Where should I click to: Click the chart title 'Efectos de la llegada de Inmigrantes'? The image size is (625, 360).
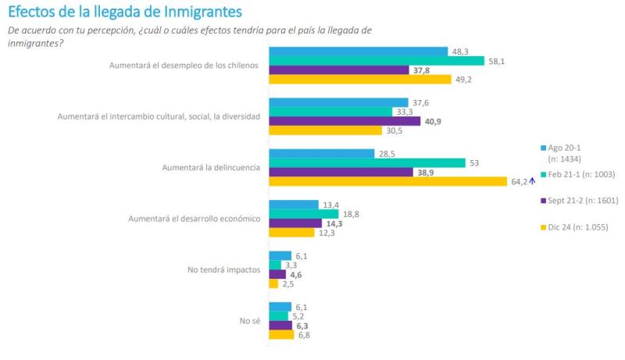(x=125, y=12)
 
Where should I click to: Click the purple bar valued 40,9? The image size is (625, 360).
(x=345, y=121)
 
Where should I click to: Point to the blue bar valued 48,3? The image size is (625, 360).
(x=359, y=51)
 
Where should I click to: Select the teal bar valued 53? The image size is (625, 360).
(x=367, y=162)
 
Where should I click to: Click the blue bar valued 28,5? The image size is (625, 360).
(x=322, y=153)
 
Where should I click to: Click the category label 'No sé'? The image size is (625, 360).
(x=248, y=321)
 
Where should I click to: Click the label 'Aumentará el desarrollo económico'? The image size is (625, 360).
(x=194, y=219)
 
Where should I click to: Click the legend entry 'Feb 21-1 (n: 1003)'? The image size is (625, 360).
(x=580, y=173)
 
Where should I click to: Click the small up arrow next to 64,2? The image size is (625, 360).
(x=531, y=181)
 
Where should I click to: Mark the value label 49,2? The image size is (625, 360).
(x=464, y=79)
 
